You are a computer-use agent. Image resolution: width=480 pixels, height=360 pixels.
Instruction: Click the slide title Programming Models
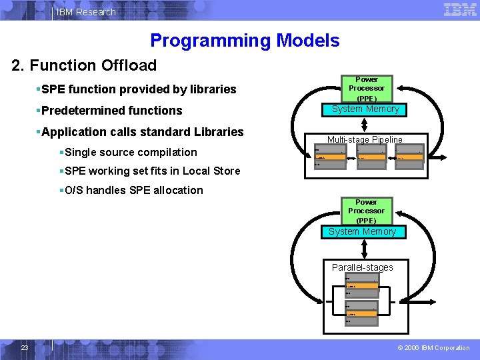click(245, 41)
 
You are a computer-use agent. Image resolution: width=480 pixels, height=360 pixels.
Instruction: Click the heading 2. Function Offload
click(84, 65)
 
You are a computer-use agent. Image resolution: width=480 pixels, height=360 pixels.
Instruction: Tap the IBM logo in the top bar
click(460, 10)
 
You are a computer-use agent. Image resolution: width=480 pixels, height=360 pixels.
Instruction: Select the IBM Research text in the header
click(86, 12)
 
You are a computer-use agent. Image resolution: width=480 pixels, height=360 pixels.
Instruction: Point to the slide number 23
click(24, 347)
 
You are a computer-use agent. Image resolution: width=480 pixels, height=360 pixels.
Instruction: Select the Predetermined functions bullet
click(111, 111)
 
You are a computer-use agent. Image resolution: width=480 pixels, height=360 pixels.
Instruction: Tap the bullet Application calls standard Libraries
click(142, 132)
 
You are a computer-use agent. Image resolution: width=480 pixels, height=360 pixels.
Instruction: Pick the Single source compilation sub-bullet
click(131, 152)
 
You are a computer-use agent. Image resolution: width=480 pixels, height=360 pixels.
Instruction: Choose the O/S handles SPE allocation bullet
click(133, 190)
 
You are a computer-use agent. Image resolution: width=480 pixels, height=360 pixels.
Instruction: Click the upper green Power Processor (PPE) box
click(366, 89)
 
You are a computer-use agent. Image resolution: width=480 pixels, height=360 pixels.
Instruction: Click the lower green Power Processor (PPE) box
click(366, 211)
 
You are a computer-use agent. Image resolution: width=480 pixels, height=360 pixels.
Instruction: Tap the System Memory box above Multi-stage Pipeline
click(365, 109)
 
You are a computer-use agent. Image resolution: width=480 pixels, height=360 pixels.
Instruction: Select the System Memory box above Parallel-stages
click(362, 232)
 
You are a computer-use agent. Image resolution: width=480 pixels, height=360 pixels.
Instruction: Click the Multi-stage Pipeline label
click(365, 139)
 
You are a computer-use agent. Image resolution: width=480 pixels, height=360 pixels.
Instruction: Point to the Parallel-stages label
click(363, 267)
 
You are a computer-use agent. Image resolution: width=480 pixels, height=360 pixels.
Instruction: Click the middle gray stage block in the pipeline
click(371, 158)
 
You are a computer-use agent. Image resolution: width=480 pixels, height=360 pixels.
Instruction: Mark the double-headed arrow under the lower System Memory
click(363, 248)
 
